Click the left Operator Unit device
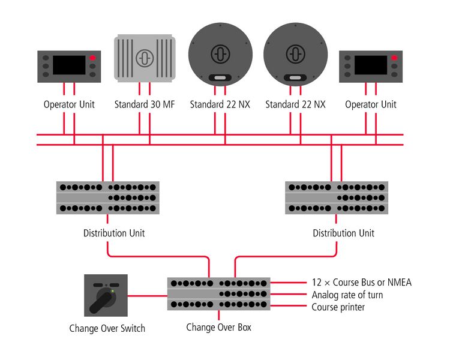(x=69, y=65)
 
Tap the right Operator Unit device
(x=371, y=65)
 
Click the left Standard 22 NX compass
(x=220, y=54)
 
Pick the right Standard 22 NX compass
(x=295, y=54)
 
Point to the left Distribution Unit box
(x=109, y=197)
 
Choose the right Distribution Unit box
(x=336, y=197)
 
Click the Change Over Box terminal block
(x=219, y=293)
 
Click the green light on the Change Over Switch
(x=112, y=291)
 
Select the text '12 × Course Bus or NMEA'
(x=362, y=282)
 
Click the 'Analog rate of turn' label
(x=347, y=295)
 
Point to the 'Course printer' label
(x=338, y=307)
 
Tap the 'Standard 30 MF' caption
(x=144, y=104)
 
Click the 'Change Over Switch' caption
(x=107, y=328)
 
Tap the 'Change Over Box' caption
(x=218, y=327)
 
